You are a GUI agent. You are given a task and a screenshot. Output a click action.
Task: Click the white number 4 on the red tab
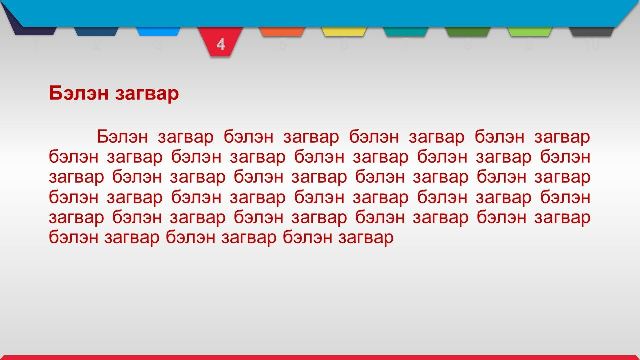pyautogui.click(x=221, y=45)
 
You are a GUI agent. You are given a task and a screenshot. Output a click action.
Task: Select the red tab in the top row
pyautogui.click(x=220, y=41)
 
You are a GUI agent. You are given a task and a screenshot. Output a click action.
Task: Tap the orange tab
pyautogui.click(x=282, y=31)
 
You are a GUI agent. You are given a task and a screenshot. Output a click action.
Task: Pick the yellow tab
pyautogui.click(x=344, y=31)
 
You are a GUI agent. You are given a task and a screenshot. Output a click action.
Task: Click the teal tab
pyautogui.click(x=406, y=31)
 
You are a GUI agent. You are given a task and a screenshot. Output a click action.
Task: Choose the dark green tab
pyautogui.click(x=467, y=31)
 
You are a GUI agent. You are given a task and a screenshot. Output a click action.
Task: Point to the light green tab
pyautogui.click(x=529, y=31)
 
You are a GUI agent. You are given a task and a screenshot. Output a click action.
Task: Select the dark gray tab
pyautogui.click(x=591, y=31)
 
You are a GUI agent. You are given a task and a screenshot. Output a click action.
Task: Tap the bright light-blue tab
pyautogui.click(x=158, y=31)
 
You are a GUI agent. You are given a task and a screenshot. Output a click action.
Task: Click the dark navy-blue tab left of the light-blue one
pyautogui.click(x=96, y=31)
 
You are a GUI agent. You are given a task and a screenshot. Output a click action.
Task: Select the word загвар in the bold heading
pyautogui.click(x=147, y=95)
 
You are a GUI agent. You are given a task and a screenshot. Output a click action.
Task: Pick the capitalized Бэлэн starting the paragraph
pyautogui.click(x=122, y=137)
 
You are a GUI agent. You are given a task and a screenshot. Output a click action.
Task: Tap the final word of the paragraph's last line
pyautogui.click(x=366, y=238)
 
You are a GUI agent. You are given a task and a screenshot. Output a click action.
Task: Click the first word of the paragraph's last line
pyautogui.click(x=74, y=237)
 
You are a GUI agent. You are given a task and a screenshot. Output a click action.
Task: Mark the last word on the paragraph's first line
pyautogui.click(x=562, y=138)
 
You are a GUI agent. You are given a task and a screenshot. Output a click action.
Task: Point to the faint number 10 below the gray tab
pyautogui.click(x=592, y=45)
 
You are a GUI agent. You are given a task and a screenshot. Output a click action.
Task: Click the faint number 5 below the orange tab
pyautogui.click(x=282, y=45)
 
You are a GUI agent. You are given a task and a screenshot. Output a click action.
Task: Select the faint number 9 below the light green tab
pyautogui.click(x=529, y=45)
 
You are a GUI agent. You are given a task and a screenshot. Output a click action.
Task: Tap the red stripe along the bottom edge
pyautogui.click(x=320, y=357)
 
